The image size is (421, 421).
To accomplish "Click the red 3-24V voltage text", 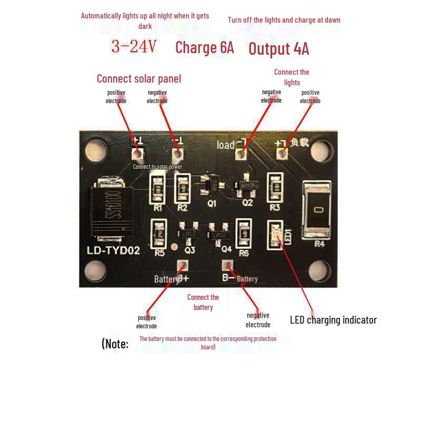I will (134, 47).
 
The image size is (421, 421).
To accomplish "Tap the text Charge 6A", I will (204, 47).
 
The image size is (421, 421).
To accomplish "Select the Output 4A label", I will (278, 49).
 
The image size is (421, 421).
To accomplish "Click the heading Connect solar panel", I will (139, 79).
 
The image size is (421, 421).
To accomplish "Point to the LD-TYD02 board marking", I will (113, 250).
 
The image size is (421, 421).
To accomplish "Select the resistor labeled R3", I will (275, 187).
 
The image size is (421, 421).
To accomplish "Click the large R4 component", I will (316, 210).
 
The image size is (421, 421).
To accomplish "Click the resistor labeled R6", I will (243, 232).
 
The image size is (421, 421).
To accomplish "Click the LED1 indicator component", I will (275, 233).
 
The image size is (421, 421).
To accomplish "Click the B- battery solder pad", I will (227, 266).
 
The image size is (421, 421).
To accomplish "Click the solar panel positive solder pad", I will (137, 154).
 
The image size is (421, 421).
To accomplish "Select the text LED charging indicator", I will (333, 320).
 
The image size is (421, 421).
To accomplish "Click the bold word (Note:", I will (115, 344).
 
